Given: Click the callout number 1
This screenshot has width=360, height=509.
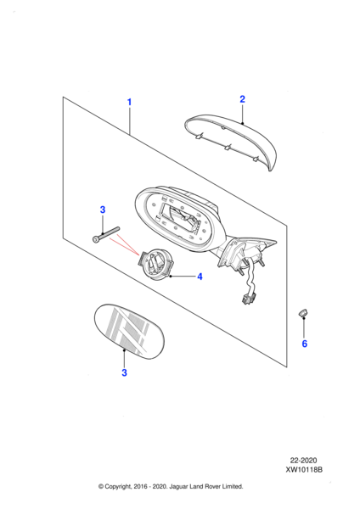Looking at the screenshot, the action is point(129,102).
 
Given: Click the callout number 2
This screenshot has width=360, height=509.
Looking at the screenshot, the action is point(242,99).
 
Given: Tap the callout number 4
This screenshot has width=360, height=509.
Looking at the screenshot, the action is point(200,277).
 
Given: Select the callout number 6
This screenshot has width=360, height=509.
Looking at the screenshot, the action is point(305,344).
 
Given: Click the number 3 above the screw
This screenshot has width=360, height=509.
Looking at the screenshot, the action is point(103,210).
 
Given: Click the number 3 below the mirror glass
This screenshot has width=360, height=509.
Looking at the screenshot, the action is point(124,372).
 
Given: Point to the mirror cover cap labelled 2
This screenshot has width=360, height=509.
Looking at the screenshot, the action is point(231,140).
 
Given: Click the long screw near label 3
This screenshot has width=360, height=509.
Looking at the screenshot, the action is point(106,234).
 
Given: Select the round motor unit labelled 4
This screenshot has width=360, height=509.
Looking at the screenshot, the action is point(155,264).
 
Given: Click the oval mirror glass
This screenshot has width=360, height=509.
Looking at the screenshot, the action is point(129,332).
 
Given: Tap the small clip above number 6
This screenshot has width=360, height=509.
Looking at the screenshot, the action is point(303,313).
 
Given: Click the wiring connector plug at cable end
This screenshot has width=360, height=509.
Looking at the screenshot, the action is point(249,298).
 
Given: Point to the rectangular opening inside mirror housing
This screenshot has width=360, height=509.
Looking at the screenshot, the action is point(179,217).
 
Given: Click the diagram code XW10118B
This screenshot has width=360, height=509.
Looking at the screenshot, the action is point(304,469).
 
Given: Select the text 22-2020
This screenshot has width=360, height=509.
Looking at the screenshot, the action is point(303,461).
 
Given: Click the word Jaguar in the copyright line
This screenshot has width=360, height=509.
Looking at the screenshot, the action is point(179,487).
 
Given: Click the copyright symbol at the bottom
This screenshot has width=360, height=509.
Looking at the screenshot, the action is point(101,486).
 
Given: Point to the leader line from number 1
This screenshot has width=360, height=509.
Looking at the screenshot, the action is point(130,121).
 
